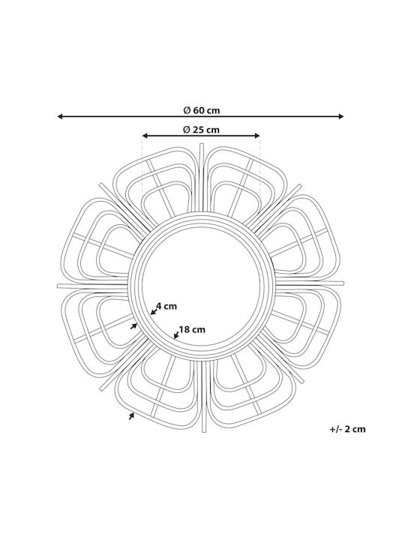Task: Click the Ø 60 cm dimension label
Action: [202, 110]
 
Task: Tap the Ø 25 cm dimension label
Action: [202, 130]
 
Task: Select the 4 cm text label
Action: [166, 306]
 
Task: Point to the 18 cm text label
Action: [192, 329]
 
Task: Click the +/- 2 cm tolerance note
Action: [347, 429]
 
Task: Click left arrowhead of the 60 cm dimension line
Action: [59, 116]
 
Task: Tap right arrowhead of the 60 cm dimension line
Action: [341, 116]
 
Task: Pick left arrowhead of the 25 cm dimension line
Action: [145, 136]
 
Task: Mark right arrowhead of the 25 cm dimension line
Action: [257, 136]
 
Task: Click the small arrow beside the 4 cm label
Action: [154, 312]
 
